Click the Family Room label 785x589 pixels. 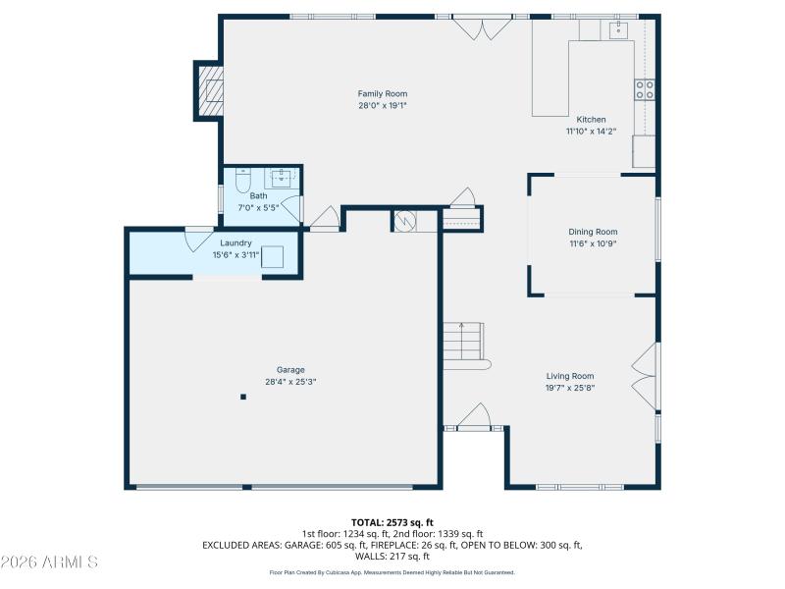[382, 93]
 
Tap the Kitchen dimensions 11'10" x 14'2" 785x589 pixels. [591, 132]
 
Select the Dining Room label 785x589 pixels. [593, 232]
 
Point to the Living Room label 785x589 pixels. [570, 375]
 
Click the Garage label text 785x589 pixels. [289, 370]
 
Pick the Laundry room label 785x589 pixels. [235, 242]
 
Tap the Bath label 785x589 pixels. [257, 195]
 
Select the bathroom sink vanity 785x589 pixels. [283, 177]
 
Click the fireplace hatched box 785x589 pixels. [211, 90]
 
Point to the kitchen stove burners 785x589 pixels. [645, 90]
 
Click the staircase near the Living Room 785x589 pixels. [462, 344]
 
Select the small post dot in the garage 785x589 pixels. [243, 397]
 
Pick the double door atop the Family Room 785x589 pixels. [482, 27]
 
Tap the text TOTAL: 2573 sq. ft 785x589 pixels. [392, 521]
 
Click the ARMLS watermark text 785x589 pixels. [49, 562]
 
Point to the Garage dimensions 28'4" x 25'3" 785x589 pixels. [289, 382]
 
